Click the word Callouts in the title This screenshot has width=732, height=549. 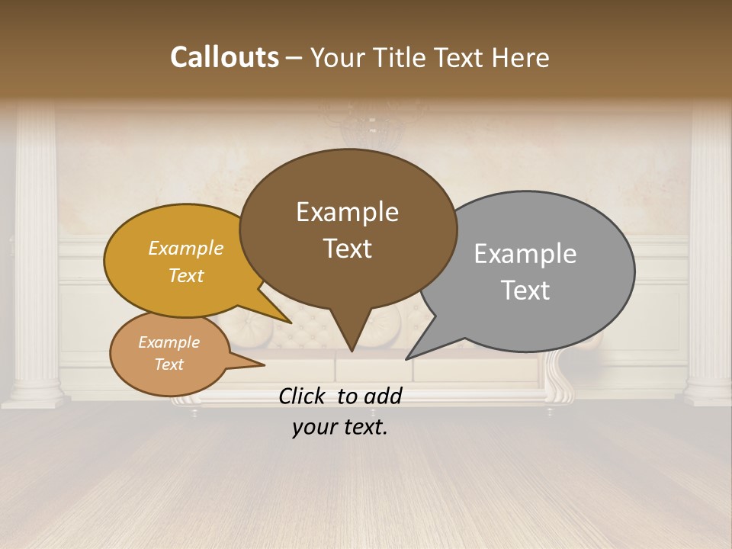click(x=224, y=58)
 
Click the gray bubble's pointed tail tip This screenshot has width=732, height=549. click(x=408, y=358)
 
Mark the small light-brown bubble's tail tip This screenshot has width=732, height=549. click(x=263, y=365)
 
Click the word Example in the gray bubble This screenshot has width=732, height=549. click(x=525, y=254)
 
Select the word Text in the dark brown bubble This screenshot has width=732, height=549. click(x=348, y=249)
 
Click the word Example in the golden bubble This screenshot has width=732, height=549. click(x=186, y=248)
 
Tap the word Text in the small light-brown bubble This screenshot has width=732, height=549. click(x=169, y=364)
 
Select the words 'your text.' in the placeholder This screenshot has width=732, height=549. click(x=340, y=427)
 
